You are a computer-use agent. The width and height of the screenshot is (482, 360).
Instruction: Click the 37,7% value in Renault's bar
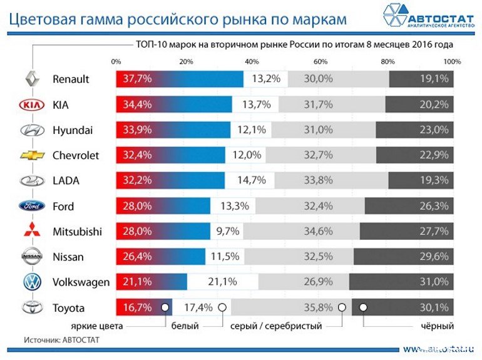click(137, 80)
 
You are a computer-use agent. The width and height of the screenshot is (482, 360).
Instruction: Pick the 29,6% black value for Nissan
click(434, 257)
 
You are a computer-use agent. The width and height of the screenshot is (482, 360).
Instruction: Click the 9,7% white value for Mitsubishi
click(227, 232)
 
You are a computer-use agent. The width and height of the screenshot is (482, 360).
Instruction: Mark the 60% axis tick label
click(320, 62)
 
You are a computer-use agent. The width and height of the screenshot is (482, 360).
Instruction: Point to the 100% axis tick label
click(452, 62)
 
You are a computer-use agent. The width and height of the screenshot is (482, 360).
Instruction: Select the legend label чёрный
click(436, 326)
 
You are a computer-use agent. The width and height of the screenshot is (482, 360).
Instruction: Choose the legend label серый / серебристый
click(276, 326)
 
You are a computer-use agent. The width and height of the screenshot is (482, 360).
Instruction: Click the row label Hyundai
click(73, 130)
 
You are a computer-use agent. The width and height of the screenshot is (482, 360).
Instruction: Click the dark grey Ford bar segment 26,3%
click(409, 206)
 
